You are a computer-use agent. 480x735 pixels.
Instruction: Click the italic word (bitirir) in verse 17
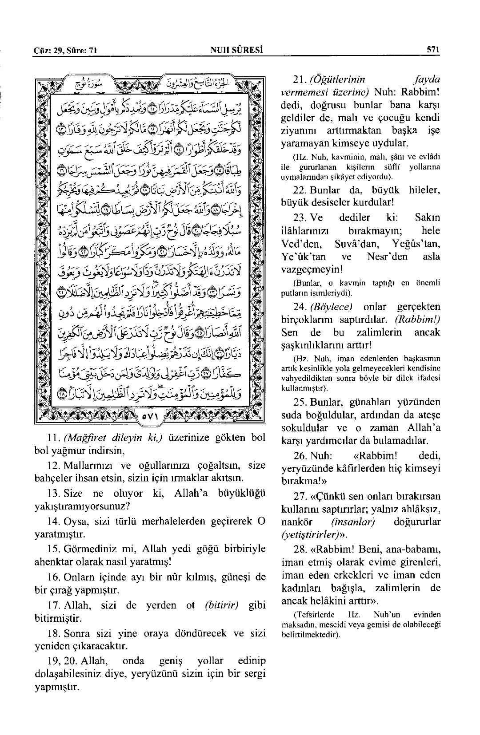[222, 605]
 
